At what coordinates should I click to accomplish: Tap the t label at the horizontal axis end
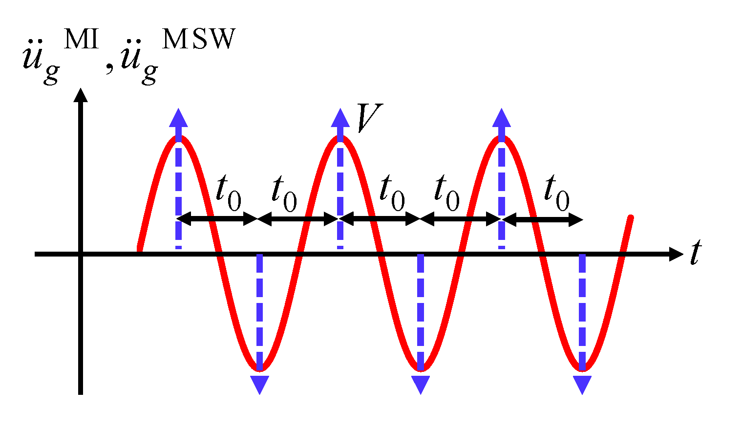click(x=696, y=253)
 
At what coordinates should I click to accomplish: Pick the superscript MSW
click(x=198, y=39)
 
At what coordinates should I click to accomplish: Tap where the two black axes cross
click(x=81, y=254)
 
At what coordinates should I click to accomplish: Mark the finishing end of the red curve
click(x=631, y=217)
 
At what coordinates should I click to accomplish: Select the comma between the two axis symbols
click(x=110, y=68)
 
